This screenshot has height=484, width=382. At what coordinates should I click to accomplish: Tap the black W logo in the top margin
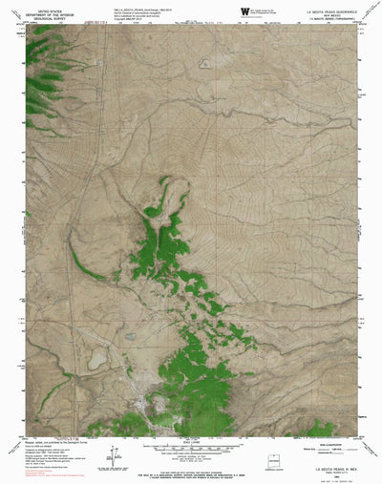pos(244,10)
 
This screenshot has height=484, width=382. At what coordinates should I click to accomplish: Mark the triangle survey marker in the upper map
pos(205,65)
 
